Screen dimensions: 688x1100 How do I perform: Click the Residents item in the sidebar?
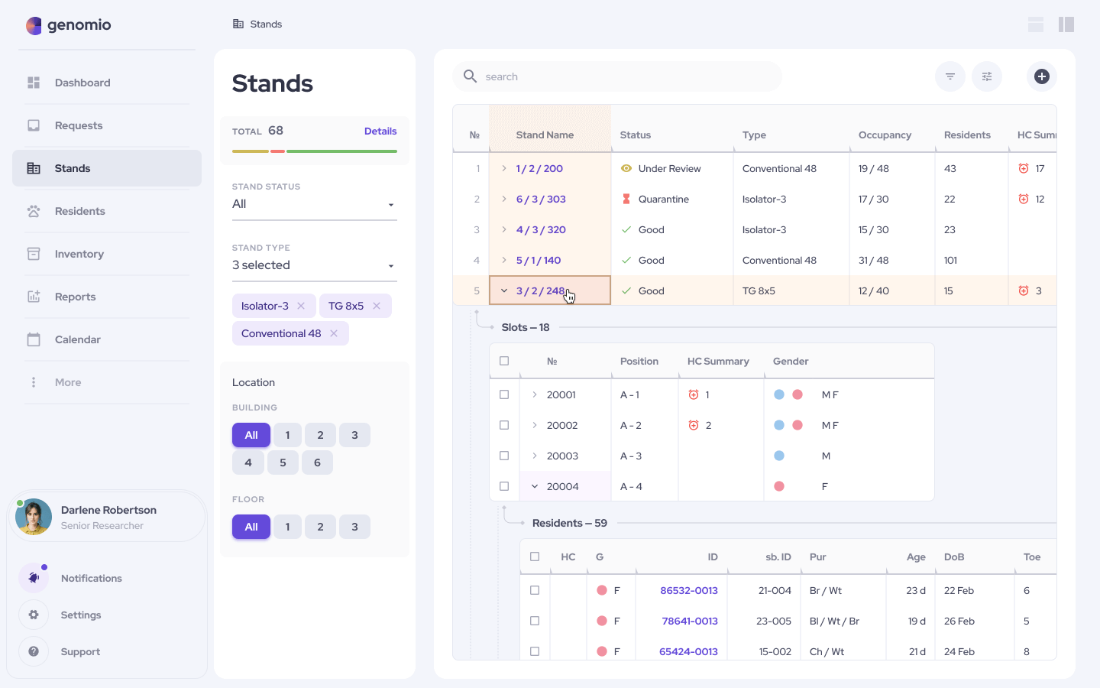coord(79,211)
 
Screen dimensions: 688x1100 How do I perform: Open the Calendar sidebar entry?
coord(77,339)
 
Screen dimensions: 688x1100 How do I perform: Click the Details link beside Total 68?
coord(380,131)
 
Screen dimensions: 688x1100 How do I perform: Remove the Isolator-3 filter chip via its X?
coord(301,306)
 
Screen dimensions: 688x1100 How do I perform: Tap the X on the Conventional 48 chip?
coord(334,333)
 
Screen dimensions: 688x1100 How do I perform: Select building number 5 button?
coord(283,462)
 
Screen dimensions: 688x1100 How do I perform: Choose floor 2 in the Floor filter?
coord(320,527)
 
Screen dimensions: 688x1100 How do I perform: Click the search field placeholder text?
coord(501,76)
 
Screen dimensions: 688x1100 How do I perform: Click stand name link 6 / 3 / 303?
coord(541,199)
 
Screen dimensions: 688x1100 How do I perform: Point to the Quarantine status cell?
coord(663,199)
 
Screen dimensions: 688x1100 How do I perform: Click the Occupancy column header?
coord(885,135)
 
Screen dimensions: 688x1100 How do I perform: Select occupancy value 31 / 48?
coord(873,260)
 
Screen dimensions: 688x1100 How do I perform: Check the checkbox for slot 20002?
coord(504,425)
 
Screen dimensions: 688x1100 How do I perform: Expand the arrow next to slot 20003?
coord(535,456)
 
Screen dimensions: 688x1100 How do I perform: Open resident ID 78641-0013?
coord(689,621)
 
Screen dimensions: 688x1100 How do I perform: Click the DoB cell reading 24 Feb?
coord(959,651)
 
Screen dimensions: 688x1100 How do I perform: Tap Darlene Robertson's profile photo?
coord(34,517)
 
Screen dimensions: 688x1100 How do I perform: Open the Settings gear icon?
coord(34,615)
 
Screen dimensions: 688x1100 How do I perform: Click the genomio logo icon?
coord(34,25)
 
